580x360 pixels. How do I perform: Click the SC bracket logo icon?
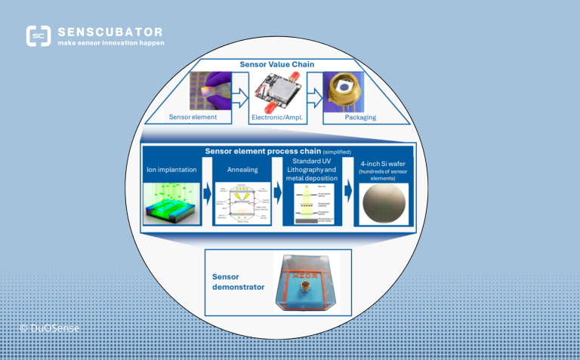39,36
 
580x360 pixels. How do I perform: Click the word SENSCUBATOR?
110,32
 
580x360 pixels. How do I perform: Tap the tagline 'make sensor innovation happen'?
111,43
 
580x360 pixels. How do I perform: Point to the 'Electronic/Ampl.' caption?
279,117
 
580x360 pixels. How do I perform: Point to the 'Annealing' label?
242,171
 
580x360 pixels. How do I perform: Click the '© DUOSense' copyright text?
50,328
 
